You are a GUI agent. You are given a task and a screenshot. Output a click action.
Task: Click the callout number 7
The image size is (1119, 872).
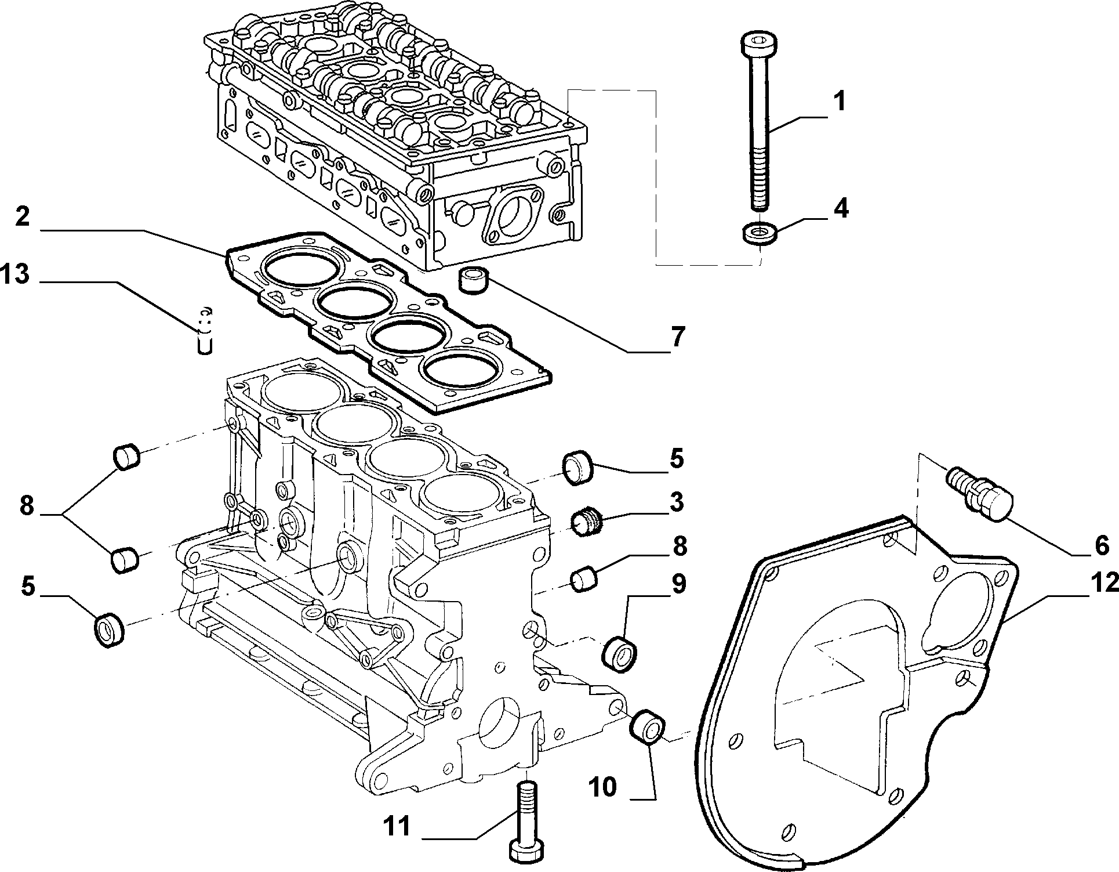pos(678,336)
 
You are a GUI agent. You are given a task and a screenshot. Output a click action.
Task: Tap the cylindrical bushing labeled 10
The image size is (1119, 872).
pos(648,725)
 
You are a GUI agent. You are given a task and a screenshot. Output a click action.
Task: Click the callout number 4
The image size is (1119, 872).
pos(841,208)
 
